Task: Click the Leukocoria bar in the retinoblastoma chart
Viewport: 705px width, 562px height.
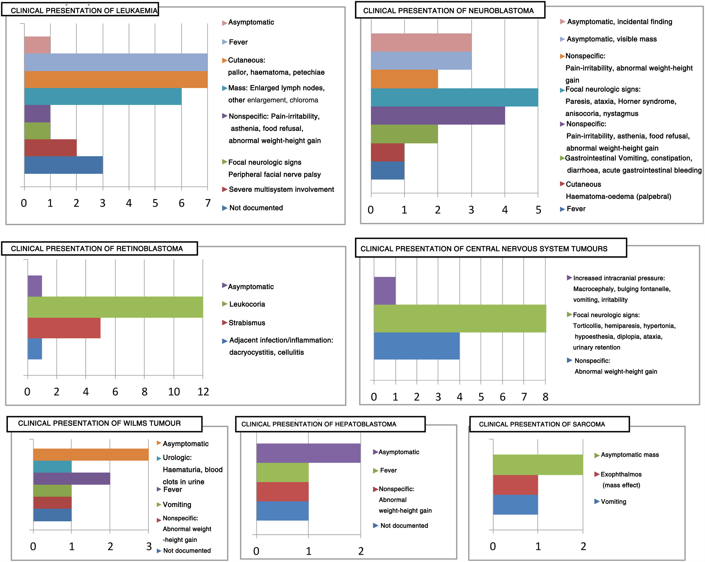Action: tap(115, 307)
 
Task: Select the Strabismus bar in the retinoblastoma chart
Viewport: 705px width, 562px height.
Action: tap(64, 328)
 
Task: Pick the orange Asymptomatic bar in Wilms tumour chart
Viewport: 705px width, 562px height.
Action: tap(91, 454)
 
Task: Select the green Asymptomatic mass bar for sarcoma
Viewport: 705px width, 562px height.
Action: tap(538, 464)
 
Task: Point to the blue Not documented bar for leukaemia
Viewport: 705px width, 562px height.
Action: tap(64, 165)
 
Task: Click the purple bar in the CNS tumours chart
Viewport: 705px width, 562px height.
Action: tap(385, 291)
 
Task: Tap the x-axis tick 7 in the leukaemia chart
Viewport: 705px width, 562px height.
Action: tap(208, 203)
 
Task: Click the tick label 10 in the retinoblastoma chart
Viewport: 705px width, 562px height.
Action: tap(174, 392)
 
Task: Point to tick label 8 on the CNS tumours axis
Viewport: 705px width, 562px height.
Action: tap(545, 397)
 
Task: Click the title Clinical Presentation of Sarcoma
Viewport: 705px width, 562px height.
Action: tap(542, 424)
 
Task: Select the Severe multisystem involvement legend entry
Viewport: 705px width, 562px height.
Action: tap(281, 189)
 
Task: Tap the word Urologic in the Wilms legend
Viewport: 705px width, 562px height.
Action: tap(177, 458)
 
